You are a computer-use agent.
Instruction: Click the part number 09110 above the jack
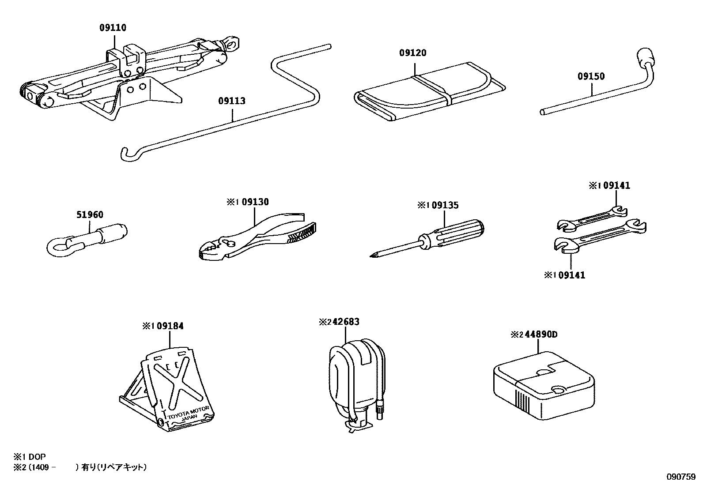(x=113, y=28)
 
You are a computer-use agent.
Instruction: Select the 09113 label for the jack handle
(x=231, y=101)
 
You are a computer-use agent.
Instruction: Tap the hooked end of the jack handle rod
(x=125, y=154)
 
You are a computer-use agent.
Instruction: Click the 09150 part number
(x=591, y=76)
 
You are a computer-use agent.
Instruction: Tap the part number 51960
(x=90, y=215)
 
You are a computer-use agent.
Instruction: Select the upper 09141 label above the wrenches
(x=616, y=186)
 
